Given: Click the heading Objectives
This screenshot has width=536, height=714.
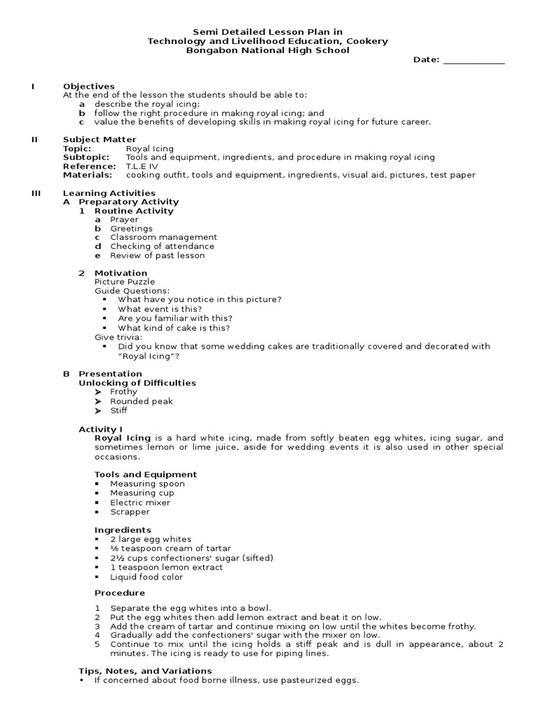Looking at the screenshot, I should (x=89, y=86).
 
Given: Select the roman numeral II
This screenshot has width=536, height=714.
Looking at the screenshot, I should (x=34, y=139).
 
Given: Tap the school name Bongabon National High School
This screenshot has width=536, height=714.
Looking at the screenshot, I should (x=267, y=51).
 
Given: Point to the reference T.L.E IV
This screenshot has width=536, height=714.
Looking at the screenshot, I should (x=142, y=167).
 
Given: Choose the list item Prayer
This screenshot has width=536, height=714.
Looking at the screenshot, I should (x=124, y=220).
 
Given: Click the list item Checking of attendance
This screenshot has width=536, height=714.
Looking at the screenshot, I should (x=162, y=246).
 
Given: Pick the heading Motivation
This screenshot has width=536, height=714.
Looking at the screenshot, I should (x=121, y=273).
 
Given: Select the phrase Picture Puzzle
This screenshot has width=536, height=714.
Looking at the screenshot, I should (x=125, y=282).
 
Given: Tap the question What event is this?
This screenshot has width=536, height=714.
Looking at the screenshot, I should (x=160, y=309).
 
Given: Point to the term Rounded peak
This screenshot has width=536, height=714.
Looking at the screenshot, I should (x=141, y=402).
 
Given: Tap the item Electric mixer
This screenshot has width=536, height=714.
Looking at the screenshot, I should (x=140, y=503).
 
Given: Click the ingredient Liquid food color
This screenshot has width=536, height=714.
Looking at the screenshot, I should (x=147, y=577).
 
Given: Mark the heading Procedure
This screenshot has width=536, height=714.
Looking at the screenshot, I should (x=120, y=593).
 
